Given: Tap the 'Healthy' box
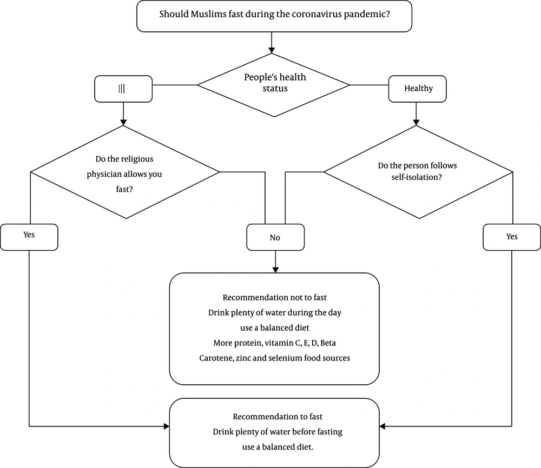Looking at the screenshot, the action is tap(417, 89).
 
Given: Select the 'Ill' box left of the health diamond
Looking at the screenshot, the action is tap(123, 89).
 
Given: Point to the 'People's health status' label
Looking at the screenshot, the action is tap(275, 83).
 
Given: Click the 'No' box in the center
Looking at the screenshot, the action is tap(275, 237).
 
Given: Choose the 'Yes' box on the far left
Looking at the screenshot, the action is tap(29, 237).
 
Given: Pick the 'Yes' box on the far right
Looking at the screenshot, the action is tap(512, 237).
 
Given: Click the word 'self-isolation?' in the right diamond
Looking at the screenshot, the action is tap(417, 177).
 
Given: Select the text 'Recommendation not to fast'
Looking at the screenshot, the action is tap(275, 297).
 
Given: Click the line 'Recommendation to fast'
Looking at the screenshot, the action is tap(278, 417).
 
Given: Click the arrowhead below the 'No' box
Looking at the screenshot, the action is tap(275, 270).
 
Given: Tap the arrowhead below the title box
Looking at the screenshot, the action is tap(272, 50).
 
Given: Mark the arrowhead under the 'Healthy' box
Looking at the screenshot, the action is tap(416, 122).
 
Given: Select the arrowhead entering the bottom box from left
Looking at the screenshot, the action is tap(166, 426).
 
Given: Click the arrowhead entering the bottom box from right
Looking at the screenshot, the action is tap(382, 426).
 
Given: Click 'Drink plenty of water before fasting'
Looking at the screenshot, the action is tap(278, 432).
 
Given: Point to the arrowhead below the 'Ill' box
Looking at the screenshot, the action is tap(123, 122).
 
